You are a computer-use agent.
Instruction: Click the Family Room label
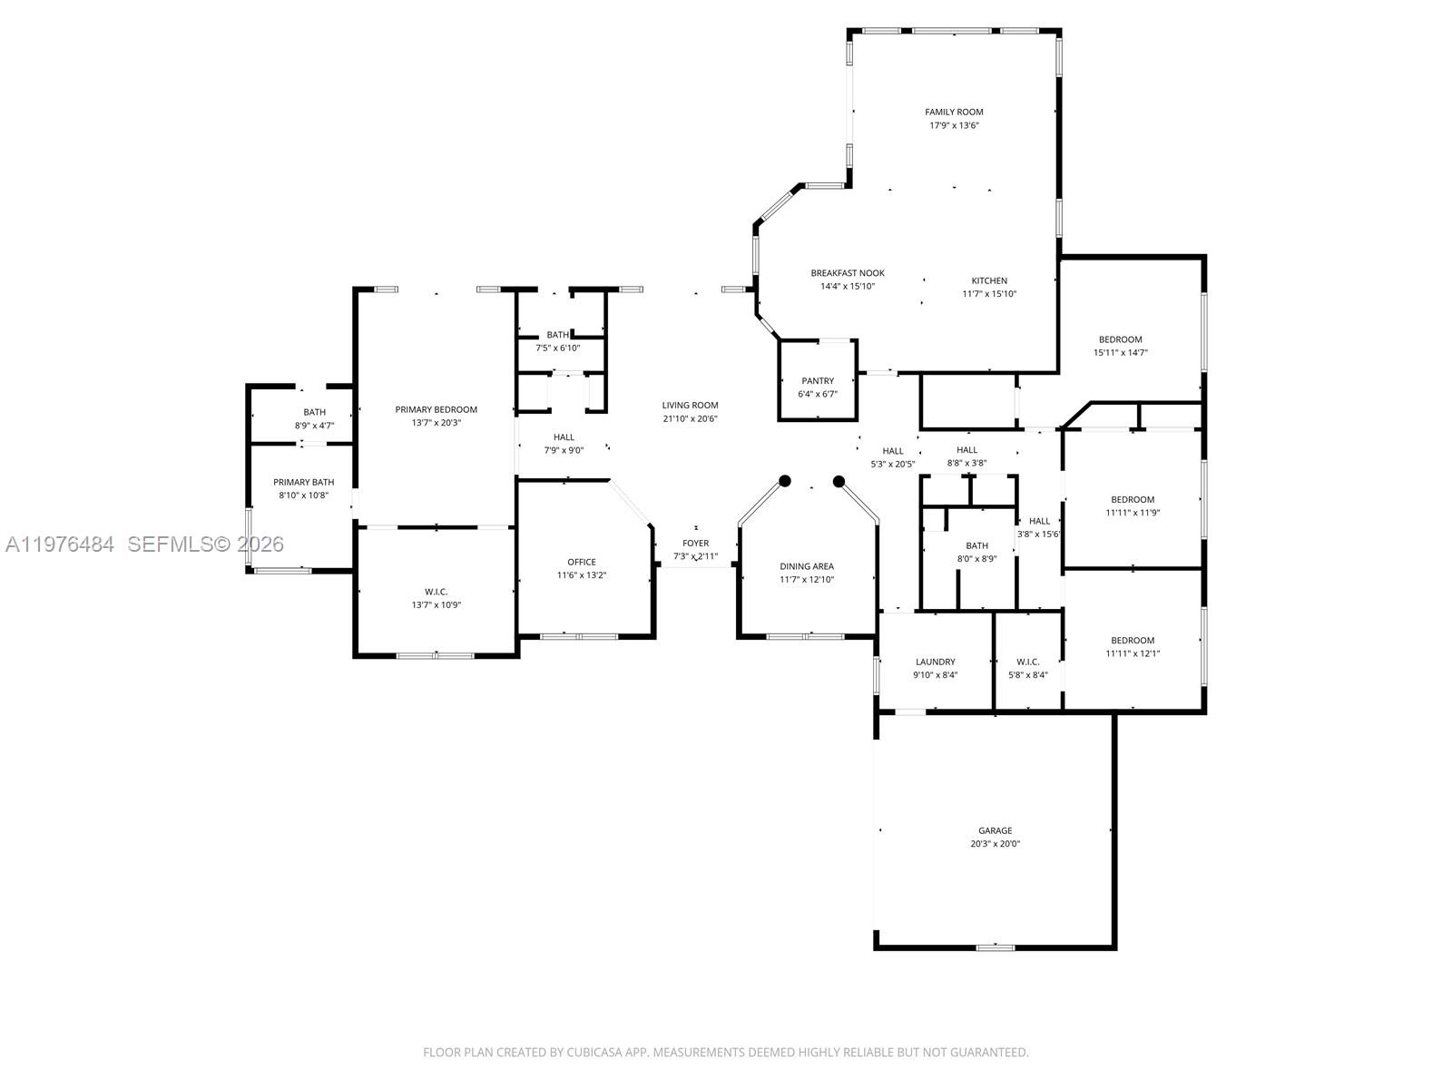coord(954,113)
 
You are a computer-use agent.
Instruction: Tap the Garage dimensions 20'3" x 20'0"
coord(995,844)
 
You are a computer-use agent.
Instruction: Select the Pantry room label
coord(818,381)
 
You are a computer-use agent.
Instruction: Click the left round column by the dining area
coord(785,481)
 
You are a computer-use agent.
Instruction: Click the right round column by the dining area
coord(839,481)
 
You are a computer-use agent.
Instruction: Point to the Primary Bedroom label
coord(436,409)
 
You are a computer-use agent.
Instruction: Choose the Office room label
coord(582,562)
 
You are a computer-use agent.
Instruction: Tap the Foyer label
coord(696,544)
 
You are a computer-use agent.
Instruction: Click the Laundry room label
coord(935,662)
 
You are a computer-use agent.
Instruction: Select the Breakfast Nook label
coord(848,273)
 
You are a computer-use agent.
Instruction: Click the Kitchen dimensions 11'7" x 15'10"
coord(989,294)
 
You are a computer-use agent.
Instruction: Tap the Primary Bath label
coord(304,482)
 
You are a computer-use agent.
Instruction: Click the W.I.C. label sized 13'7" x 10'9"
coord(436,592)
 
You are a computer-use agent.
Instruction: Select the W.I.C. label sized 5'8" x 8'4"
coord(1027,662)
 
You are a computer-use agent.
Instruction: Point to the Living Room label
coord(690,406)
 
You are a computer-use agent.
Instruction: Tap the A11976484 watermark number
coord(60,544)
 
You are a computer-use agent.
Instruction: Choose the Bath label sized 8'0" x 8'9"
coord(976,545)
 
